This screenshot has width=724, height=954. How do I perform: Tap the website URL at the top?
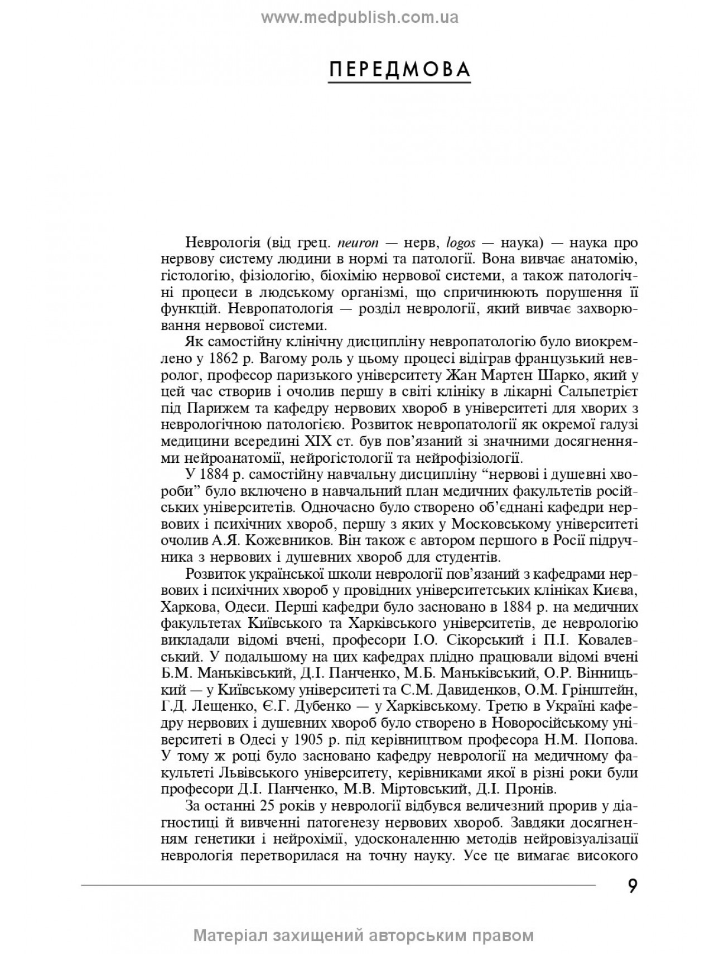[x=360, y=18]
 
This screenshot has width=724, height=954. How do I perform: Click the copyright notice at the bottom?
[x=364, y=935]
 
